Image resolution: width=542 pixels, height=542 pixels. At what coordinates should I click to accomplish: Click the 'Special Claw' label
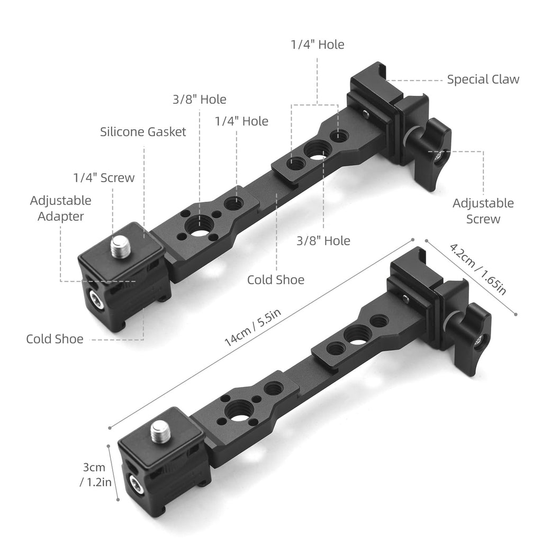coord(483,79)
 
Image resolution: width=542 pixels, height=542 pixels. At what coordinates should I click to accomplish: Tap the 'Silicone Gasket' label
coord(143,132)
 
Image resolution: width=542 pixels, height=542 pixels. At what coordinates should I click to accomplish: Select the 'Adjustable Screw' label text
coord(483,211)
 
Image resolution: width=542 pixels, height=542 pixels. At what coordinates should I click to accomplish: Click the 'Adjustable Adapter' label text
coord(60,209)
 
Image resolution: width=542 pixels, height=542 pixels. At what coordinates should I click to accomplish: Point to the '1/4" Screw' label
coord(104,178)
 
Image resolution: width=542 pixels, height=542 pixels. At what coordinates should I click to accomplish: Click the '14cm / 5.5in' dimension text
coord(252,327)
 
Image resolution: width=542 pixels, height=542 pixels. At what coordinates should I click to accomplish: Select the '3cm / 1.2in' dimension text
coord(95,475)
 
